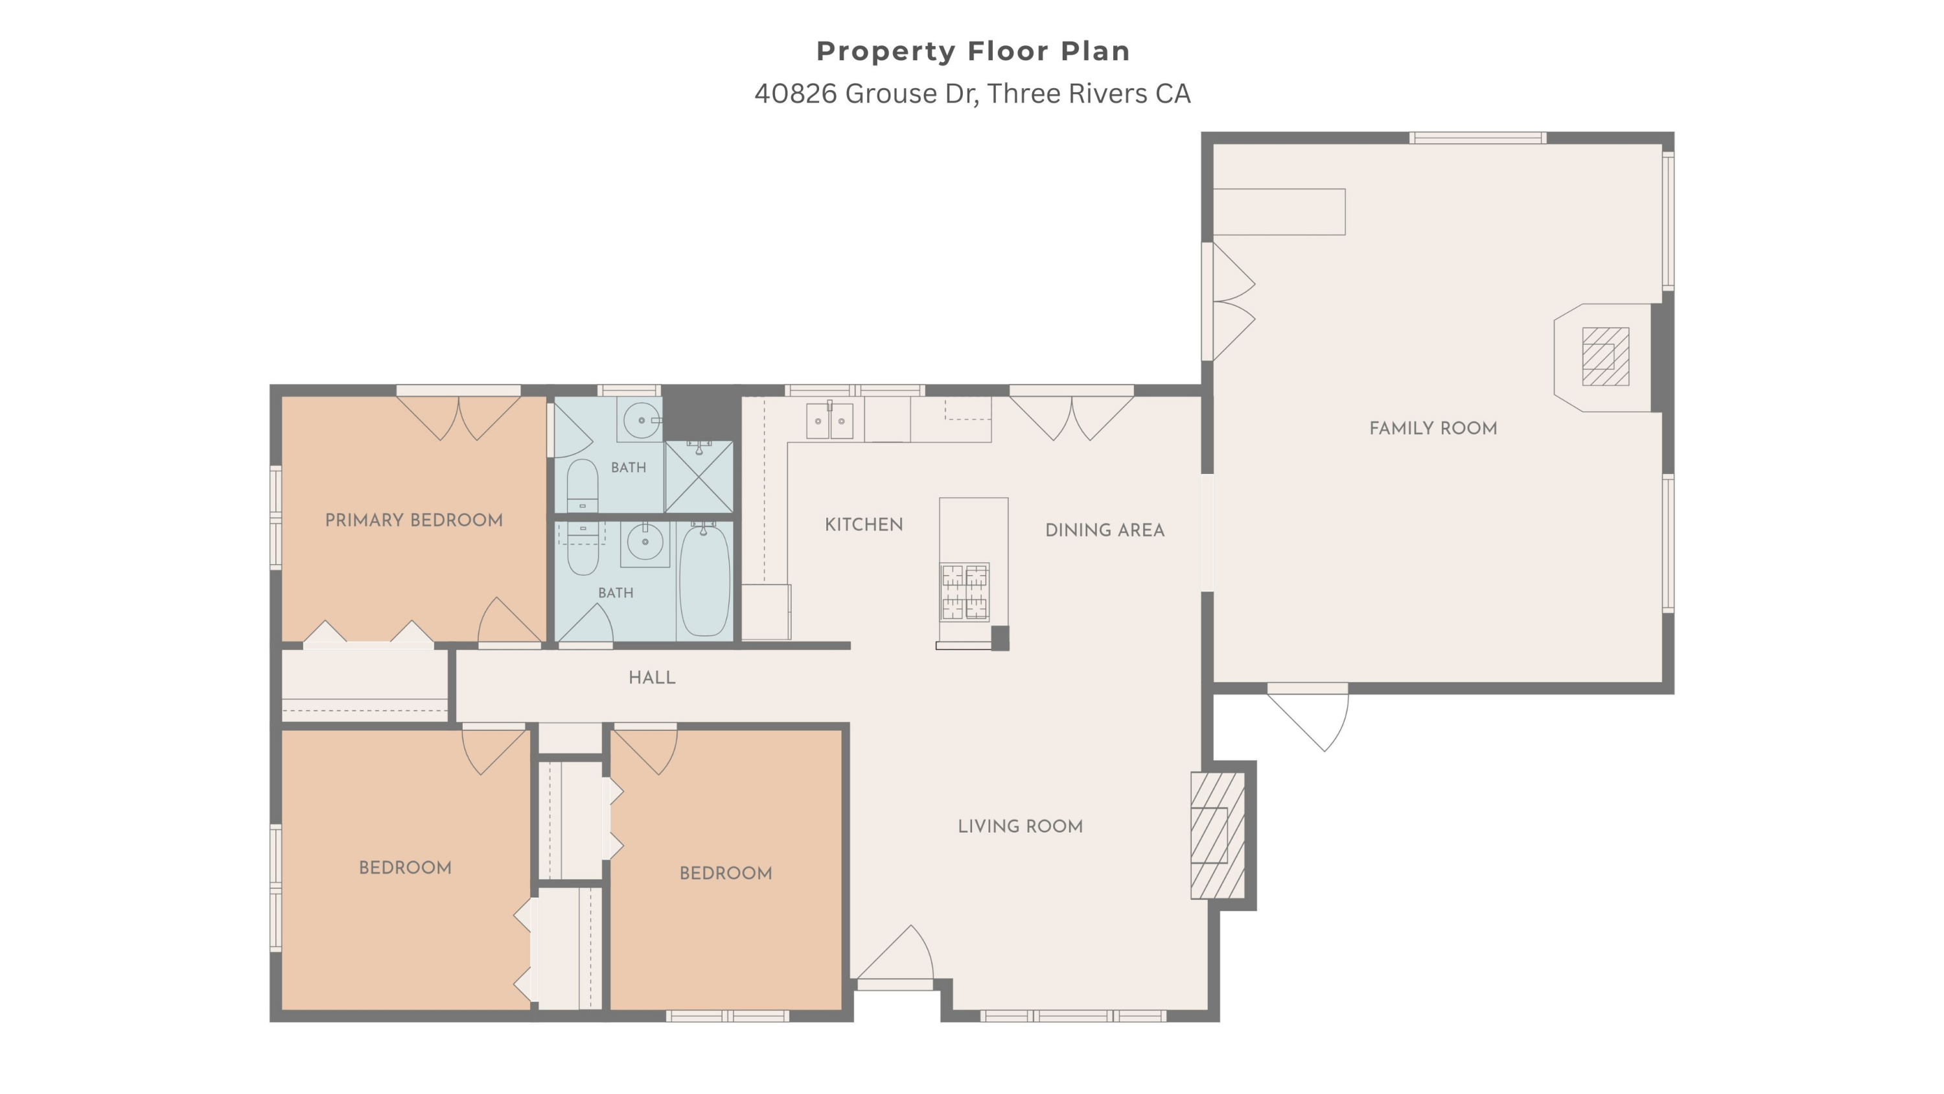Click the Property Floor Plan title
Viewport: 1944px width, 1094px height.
coord(973,51)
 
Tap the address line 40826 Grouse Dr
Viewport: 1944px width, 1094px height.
coord(972,93)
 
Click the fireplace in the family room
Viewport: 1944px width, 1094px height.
coord(1605,357)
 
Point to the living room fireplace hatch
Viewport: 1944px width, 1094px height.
coord(1217,835)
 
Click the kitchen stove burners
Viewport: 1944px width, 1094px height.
coord(964,591)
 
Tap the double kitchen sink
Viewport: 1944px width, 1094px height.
coord(829,420)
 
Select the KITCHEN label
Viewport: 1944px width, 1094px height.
coord(863,525)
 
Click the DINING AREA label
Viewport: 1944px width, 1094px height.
coord(1105,530)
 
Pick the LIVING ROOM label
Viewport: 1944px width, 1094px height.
coord(1021,826)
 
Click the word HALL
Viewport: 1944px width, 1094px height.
coord(652,677)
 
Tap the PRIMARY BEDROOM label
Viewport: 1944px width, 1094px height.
coord(413,520)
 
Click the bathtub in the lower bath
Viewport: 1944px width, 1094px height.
coord(705,580)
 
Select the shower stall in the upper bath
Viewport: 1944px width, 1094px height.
coord(699,477)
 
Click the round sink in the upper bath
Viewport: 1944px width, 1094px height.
coord(642,419)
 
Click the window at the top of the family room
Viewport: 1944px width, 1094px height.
coord(1477,138)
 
